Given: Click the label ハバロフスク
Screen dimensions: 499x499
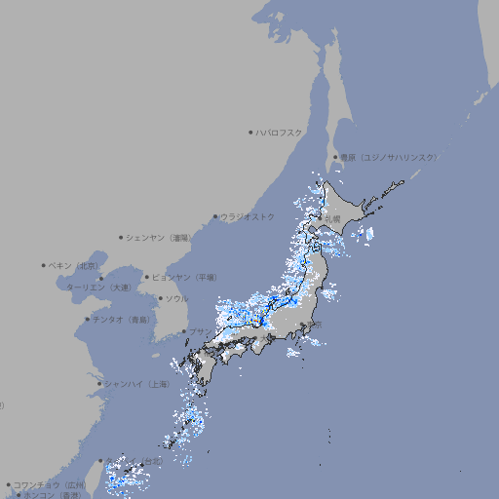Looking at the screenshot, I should point(279,132).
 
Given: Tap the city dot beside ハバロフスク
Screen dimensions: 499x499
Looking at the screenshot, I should point(250,132).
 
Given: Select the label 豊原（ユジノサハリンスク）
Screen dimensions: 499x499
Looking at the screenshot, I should point(388,157).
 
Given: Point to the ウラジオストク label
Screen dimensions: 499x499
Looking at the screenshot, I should point(248,216).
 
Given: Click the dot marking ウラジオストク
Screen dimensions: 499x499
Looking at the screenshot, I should point(215,217).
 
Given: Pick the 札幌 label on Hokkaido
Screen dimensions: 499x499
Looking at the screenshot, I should point(332,218).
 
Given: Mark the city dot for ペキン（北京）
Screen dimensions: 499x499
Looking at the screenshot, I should point(44,265).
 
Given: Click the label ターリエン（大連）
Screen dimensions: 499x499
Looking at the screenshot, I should point(97,288).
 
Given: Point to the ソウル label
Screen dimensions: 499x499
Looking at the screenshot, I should point(176,298).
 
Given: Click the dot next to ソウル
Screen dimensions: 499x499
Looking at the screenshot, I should point(159,299).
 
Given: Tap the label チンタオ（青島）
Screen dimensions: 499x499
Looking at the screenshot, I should point(122,319).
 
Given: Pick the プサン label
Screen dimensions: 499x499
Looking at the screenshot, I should point(199,331).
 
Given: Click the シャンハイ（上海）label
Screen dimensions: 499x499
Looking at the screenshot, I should point(135,383).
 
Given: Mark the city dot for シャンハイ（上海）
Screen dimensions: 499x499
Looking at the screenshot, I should point(98,384).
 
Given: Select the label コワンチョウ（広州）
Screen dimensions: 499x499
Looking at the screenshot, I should point(49,484).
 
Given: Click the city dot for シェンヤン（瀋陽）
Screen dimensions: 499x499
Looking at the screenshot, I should point(121,237).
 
